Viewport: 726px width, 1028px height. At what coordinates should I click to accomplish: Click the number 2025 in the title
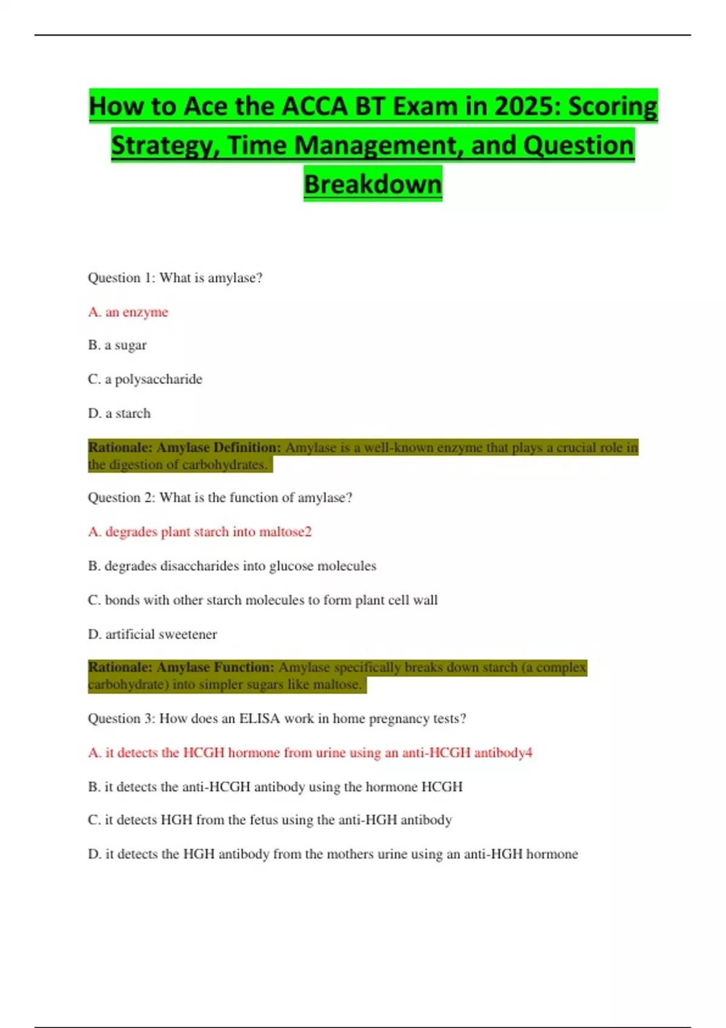tap(526, 106)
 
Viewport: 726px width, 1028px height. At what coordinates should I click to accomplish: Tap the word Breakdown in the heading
tap(373, 184)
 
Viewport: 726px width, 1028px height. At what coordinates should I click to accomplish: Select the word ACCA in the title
tap(315, 106)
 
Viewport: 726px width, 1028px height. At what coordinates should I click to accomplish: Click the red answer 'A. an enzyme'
tap(128, 312)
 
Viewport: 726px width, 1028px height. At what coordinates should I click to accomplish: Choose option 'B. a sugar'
tap(117, 345)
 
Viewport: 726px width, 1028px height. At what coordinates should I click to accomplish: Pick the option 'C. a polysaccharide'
tap(145, 379)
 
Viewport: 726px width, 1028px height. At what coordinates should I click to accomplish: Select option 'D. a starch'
tap(119, 414)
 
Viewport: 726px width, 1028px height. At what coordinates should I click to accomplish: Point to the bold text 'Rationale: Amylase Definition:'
tap(185, 447)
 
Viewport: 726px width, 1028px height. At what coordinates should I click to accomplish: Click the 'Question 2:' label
tap(122, 498)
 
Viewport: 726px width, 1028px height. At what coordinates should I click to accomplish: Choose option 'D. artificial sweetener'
tap(152, 634)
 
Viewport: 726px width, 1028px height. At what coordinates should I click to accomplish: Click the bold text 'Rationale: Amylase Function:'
tap(181, 668)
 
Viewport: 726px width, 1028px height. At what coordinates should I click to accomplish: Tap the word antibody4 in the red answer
tap(503, 753)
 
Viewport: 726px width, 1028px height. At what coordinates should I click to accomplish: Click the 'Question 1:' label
tap(122, 278)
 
